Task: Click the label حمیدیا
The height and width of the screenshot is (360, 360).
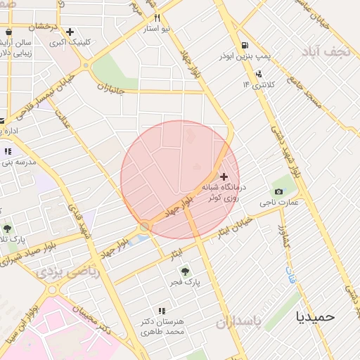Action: tap(316, 316)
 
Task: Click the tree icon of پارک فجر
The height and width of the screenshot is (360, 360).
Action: tap(185, 270)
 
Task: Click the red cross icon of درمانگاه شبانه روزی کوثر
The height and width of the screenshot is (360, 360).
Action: tap(224, 176)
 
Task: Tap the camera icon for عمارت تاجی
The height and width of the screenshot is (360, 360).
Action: tap(279, 192)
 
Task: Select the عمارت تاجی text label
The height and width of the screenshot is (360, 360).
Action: tap(283, 202)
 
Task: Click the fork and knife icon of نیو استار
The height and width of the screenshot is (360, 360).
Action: tap(157, 18)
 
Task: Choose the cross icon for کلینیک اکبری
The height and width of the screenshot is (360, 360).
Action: tap(70, 32)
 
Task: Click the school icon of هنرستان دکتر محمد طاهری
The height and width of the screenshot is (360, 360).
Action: tap(162, 310)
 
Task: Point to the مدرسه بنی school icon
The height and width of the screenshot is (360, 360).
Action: tap(8, 151)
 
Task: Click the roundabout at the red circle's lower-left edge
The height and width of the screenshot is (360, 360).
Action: tap(144, 226)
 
